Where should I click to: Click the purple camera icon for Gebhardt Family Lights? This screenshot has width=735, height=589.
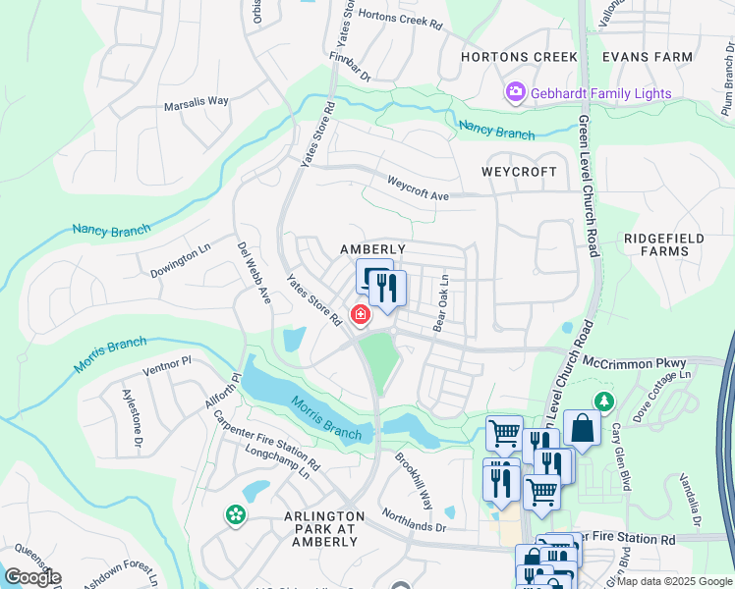point(515,92)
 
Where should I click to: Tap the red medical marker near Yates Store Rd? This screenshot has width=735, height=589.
point(361,315)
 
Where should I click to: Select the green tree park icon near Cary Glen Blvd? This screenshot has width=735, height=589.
point(604,402)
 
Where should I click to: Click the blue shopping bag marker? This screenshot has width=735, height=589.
point(581,428)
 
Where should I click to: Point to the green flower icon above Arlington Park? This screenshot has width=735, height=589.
point(236,513)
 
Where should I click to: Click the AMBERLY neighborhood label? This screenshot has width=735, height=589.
point(372,249)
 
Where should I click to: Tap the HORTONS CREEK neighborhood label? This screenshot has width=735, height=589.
point(520,57)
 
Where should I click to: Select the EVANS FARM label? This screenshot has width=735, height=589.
point(648,57)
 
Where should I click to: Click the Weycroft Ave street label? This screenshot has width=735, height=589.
point(418,188)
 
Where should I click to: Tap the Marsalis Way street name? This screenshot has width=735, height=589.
point(197,101)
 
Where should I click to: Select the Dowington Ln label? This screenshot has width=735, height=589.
point(181,263)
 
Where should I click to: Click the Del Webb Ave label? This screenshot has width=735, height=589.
point(254,273)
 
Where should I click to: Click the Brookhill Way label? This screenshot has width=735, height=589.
point(414,480)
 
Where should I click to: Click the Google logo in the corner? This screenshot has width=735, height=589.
point(32,576)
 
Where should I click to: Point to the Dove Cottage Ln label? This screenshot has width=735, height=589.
point(662,389)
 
